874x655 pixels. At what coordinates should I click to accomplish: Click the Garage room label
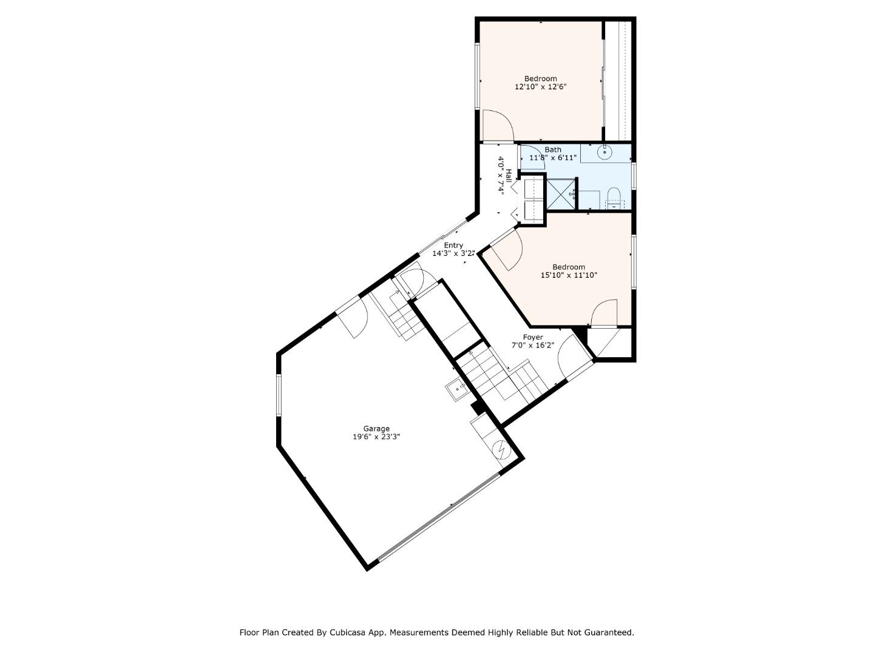point(376,428)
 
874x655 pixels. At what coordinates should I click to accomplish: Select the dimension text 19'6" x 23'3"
point(376,437)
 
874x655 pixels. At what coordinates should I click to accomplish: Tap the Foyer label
point(533,337)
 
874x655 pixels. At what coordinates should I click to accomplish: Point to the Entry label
point(453,245)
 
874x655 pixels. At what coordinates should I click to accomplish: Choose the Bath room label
point(552,149)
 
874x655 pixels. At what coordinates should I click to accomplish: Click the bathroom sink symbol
point(604,152)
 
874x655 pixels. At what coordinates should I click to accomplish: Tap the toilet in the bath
point(614,198)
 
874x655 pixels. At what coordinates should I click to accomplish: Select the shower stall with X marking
point(561,194)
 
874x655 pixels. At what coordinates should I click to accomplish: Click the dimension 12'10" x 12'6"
point(540,87)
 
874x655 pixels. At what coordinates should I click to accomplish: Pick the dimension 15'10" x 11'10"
point(569,275)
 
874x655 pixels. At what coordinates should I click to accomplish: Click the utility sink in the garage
point(455,388)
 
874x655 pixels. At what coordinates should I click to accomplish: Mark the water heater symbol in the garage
point(501,450)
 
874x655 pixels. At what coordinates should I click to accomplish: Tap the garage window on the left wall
point(279,395)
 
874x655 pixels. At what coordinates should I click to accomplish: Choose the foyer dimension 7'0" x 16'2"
point(533,346)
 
